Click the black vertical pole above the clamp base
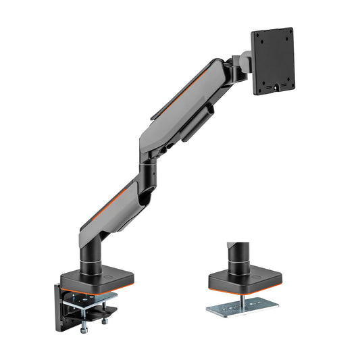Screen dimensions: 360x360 [x=90, y=256]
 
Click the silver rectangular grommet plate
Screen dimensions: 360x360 [x=240, y=306]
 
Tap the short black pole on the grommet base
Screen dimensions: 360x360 [x=237, y=253]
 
